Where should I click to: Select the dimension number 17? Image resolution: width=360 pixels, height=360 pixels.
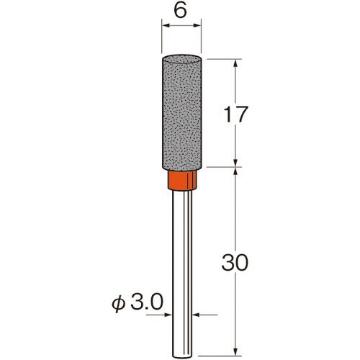pos(235,114)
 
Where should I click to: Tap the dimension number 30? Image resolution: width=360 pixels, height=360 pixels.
pos(235,263)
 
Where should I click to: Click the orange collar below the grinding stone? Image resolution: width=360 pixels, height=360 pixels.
pos(182,180)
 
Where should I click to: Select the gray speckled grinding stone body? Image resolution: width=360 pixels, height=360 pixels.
pos(181,113)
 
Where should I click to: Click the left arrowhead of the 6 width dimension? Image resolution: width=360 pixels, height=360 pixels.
pos(166,25)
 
